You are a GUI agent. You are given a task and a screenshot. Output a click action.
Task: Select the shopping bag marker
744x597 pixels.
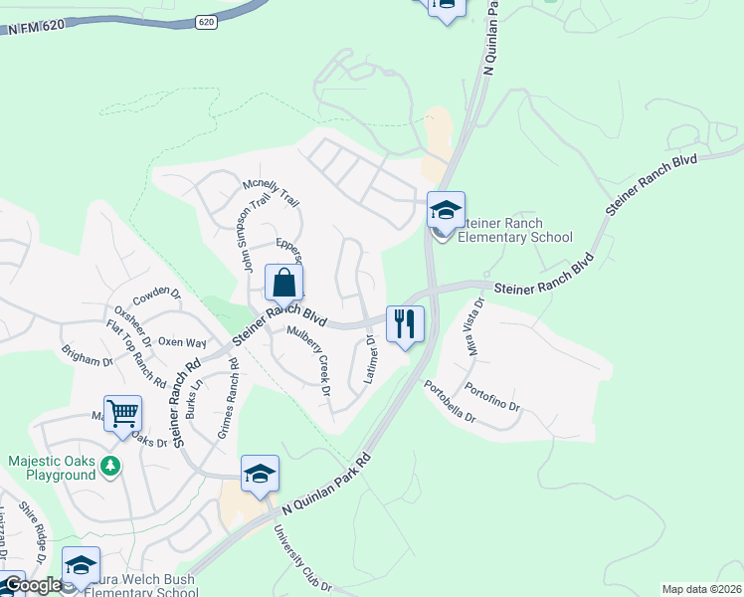[284, 284]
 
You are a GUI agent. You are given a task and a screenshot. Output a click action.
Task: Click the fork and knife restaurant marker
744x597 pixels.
[405, 324]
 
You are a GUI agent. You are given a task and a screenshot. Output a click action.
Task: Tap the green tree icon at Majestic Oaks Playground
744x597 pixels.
[111, 465]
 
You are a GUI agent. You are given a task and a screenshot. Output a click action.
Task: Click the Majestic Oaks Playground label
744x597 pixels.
[53, 468]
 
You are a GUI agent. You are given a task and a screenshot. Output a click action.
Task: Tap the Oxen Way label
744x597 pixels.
[182, 342]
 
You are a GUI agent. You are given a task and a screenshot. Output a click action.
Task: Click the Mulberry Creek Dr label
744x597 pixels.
[308, 361]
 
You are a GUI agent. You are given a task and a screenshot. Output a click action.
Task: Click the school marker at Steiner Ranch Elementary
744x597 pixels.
[446, 211]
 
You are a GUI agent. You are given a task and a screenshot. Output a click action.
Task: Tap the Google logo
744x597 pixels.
[32, 585]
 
